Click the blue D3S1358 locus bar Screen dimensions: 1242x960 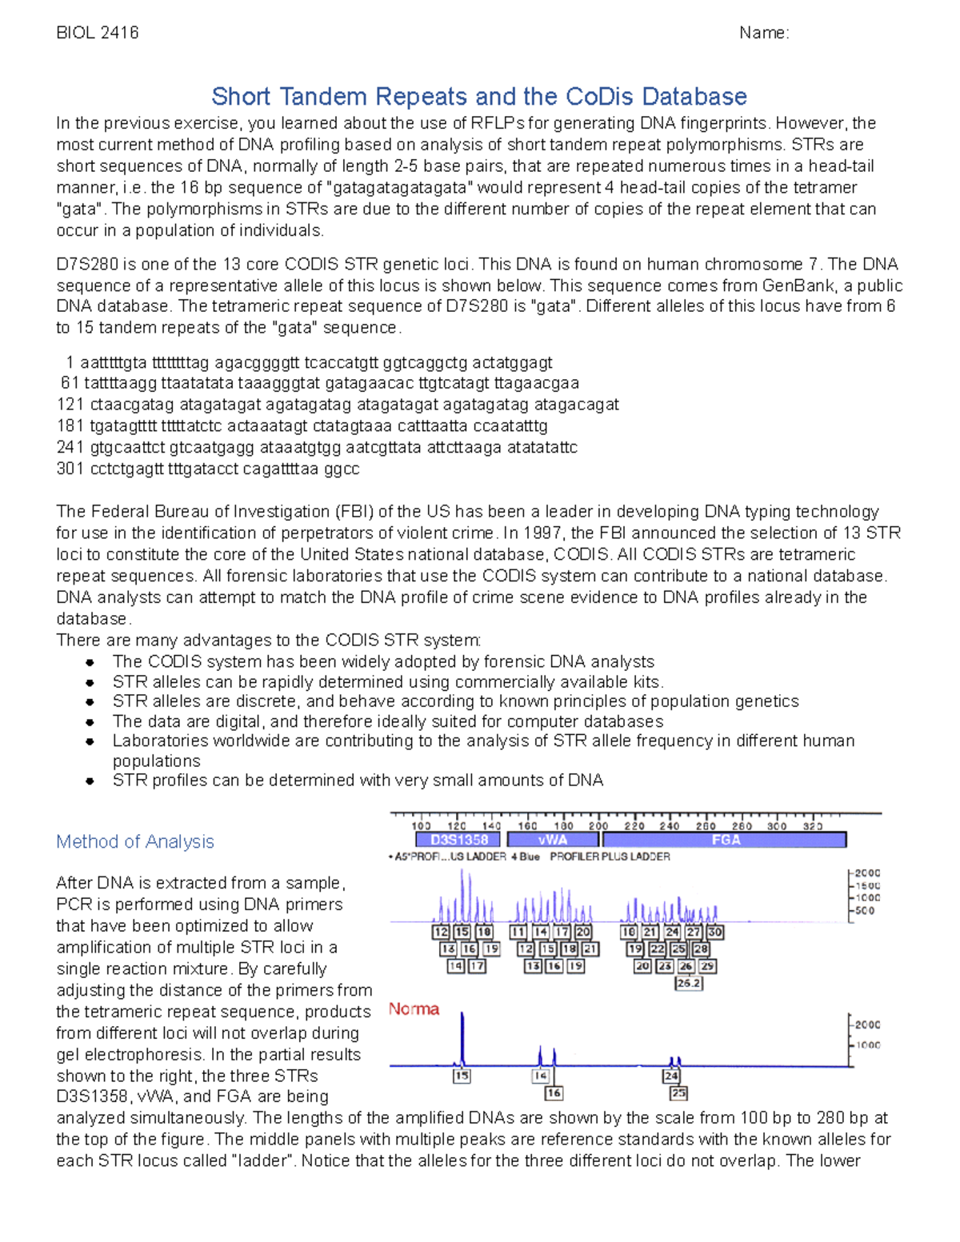[x=458, y=840]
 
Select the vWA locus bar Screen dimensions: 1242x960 [x=553, y=840]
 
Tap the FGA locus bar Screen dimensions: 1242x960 [x=725, y=840]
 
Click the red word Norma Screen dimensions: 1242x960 [x=414, y=1009]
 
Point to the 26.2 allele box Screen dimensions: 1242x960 [x=689, y=983]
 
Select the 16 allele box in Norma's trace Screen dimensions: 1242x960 [x=554, y=1092]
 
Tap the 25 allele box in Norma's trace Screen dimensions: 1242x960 [x=678, y=1092]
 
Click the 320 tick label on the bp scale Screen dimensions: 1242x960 [x=812, y=826]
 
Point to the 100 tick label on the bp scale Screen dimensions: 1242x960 [x=422, y=826]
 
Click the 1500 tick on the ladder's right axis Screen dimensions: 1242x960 [x=867, y=885]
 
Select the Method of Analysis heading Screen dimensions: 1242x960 [x=135, y=841]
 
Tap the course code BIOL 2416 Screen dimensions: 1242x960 [x=98, y=33]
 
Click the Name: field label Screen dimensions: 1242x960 [x=764, y=33]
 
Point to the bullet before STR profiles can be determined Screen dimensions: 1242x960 [x=90, y=781]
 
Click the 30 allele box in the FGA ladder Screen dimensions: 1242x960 [x=715, y=932]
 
